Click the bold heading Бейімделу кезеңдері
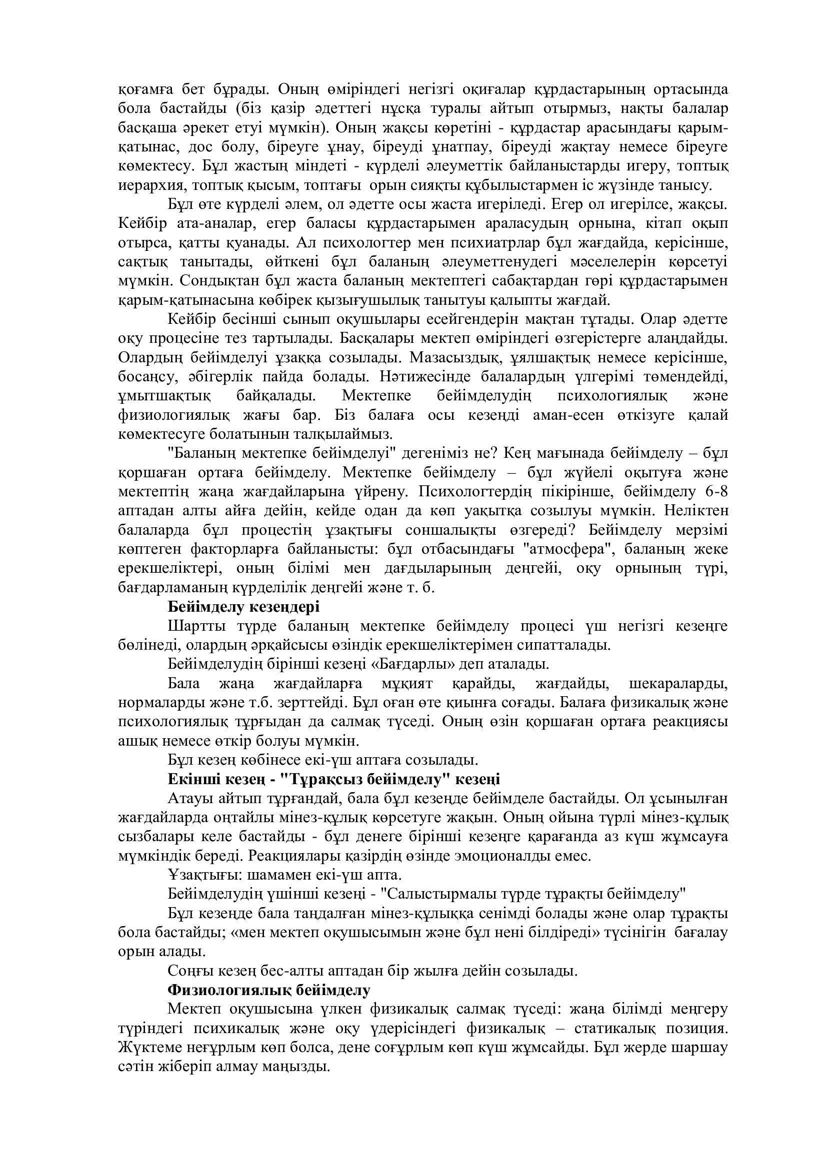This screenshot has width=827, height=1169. pos(243,607)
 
